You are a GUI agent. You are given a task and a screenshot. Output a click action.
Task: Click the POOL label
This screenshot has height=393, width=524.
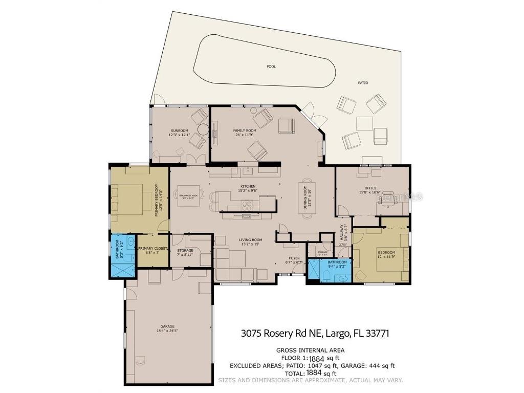pos(271,67)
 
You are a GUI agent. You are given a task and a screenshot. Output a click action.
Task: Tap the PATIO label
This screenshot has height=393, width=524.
pos(363,82)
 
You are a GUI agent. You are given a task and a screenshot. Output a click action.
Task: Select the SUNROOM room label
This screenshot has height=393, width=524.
pos(179,131)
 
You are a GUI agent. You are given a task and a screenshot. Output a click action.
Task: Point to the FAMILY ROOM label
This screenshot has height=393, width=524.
pos(245,130)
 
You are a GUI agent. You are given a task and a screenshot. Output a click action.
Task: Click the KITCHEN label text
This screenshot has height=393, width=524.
pos(248,186)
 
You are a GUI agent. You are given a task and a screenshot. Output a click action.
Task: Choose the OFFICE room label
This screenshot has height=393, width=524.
pos(370,188)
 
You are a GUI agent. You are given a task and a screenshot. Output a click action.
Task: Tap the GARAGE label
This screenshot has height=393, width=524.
pos(167,326)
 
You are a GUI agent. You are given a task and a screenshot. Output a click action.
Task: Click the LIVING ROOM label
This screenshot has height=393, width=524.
pos(251,239)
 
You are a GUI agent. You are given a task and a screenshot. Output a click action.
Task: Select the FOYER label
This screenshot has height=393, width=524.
pos(294,258)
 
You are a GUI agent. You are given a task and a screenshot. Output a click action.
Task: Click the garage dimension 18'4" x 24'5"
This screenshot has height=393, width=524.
pos(167,331)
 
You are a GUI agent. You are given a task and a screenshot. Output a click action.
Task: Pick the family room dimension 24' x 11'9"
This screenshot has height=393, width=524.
pos(245,135)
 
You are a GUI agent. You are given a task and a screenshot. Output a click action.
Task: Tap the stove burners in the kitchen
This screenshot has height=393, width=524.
pos(247,206)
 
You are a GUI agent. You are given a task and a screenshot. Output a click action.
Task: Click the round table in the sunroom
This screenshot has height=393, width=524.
pos(203,129)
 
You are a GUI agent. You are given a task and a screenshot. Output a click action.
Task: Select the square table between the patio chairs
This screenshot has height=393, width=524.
pos(364,123)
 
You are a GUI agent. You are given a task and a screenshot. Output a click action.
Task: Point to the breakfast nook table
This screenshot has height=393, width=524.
pos(188,195)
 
